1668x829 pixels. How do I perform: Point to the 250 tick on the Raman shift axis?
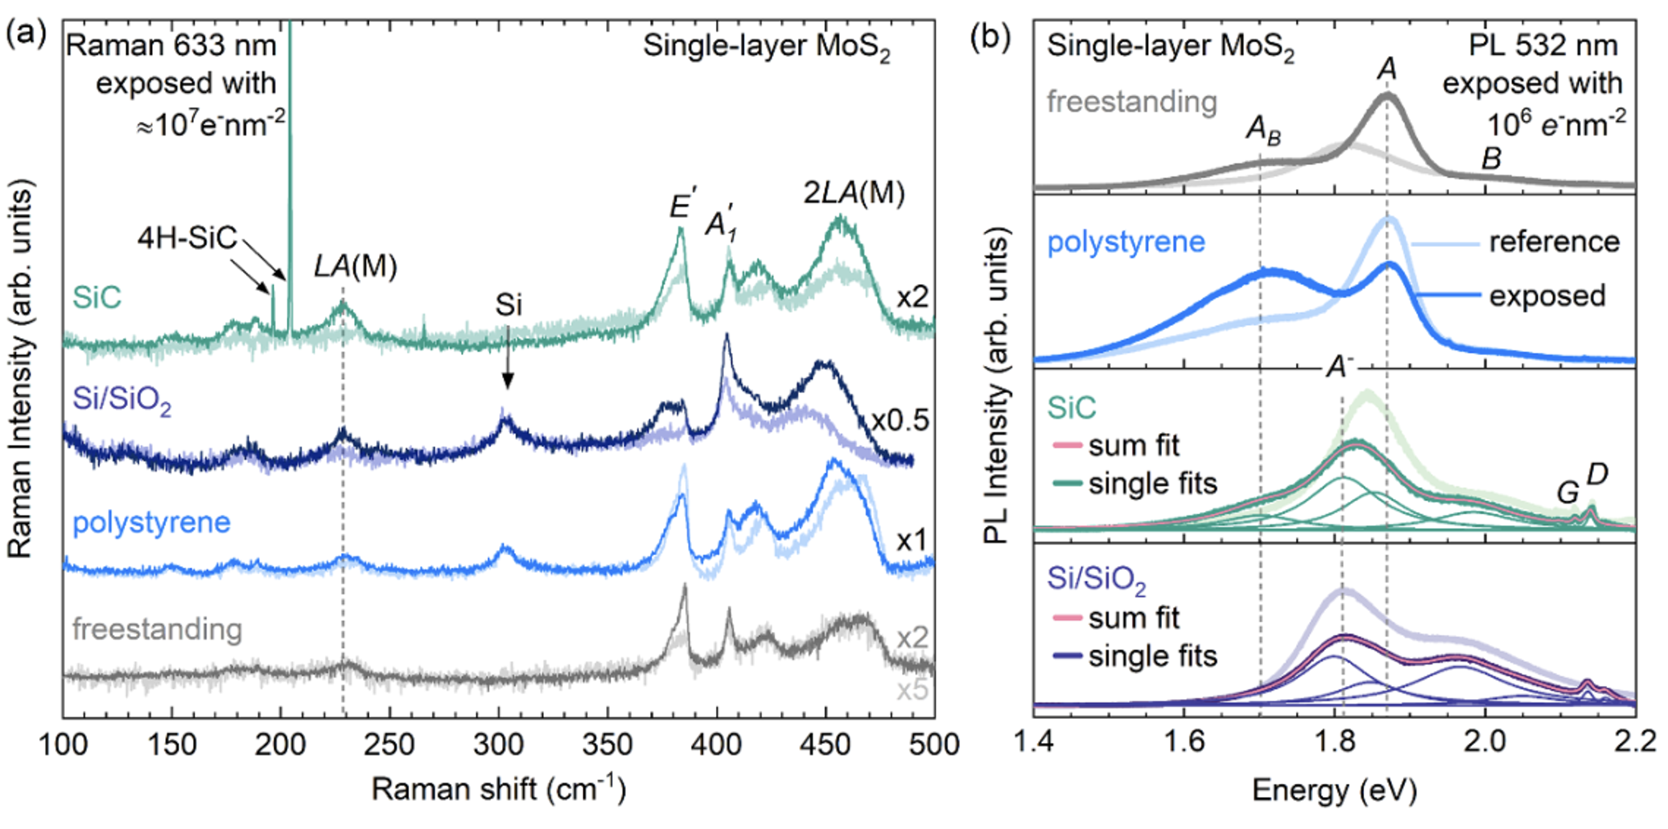[x=388, y=745]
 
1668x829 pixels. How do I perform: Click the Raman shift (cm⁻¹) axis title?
[x=499, y=790]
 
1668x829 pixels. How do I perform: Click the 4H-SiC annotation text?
[x=187, y=238]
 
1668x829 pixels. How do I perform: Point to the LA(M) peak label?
[x=356, y=266]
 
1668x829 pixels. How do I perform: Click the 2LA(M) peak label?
[x=854, y=193]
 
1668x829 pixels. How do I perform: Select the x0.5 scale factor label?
[x=900, y=421]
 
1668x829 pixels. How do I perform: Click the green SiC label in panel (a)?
[x=97, y=298]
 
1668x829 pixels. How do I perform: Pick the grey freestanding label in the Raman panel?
[x=157, y=629]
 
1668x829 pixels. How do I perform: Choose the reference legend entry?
[x=1554, y=242]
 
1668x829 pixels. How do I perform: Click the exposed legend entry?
[x=1548, y=296]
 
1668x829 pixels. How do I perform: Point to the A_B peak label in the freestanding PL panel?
[x=1263, y=130]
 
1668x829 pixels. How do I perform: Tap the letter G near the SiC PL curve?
[x=1567, y=493]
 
